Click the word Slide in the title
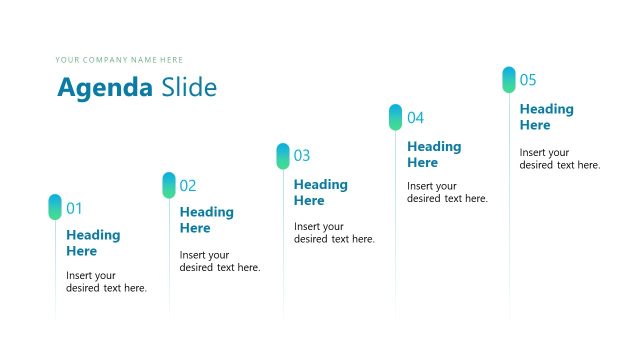(188, 88)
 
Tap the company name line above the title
(119, 60)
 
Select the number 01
(74, 209)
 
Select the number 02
(188, 186)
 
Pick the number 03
(302, 156)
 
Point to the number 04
(415, 118)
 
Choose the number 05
(528, 80)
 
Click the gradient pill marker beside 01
(55, 207)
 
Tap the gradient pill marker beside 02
(169, 185)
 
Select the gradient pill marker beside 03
(283, 156)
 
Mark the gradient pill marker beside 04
(395, 117)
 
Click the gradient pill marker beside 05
(509, 80)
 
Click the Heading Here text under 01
(93, 243)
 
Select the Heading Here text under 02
(206, 220)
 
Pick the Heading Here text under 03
(320, 192)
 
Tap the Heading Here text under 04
(434, 154)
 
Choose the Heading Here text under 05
(547, 117)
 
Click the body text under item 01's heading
(106, 282)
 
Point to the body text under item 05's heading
(559, 159)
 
